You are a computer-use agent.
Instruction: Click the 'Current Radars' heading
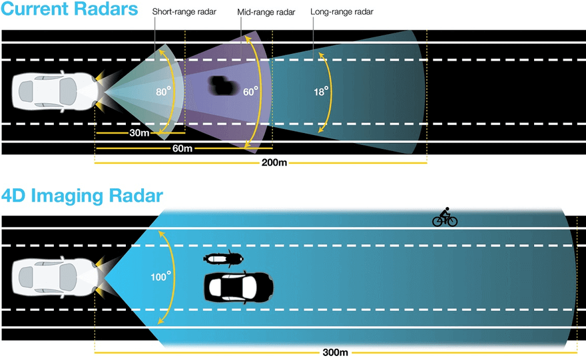(x=69, y=9)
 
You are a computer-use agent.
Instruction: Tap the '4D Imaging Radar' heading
(x=82, y=196)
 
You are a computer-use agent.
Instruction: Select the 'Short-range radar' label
(x=184, y=12)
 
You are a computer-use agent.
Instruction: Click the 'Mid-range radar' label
(x=266, y=13)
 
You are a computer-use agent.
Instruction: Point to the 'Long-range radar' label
(x=342, y=12)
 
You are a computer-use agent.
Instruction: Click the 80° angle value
(x=163, y=91)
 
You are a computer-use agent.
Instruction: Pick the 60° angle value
(x=250, y=91)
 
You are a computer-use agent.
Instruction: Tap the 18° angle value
(x=321, y=91)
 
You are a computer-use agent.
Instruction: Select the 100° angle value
(x=160, y=277)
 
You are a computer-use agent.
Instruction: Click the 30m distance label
(x=139, y=133)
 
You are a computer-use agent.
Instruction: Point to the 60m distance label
(x=182, y=148)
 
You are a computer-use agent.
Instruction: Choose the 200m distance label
(x=274, y=163)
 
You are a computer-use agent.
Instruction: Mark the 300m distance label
(x=335, y=353)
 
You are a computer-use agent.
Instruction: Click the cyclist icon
(x=445, y=217)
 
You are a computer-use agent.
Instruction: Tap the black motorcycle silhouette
(x=224, y=258)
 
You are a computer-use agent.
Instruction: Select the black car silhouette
(x=239, y=287)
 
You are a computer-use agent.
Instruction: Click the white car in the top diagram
(x=57, y=91)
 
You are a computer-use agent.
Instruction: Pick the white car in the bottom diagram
(x=57, y=277)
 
